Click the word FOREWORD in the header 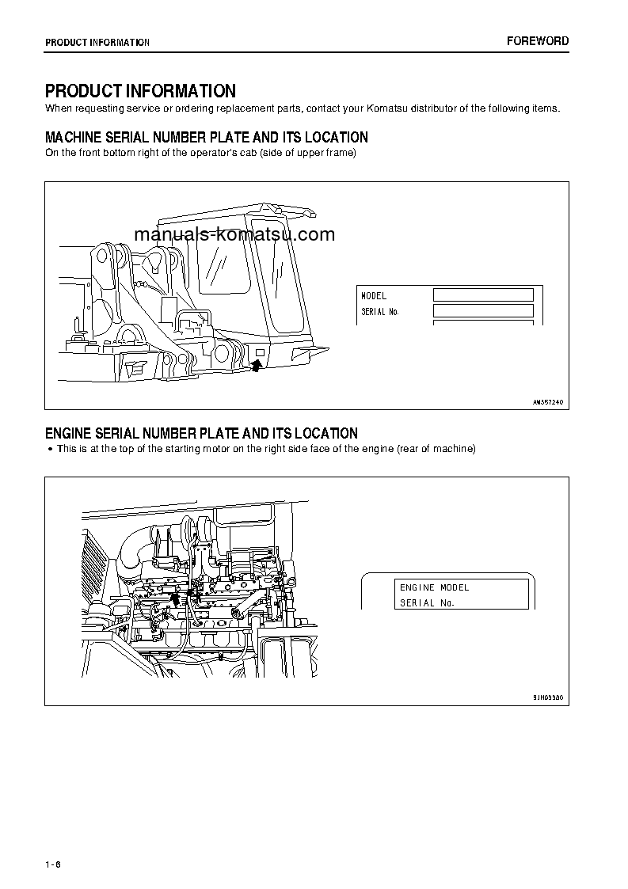tap(538, 41)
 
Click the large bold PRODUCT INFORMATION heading tap(140, 91)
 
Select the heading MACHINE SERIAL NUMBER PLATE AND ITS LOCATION tap(206, 137)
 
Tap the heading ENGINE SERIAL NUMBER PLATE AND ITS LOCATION tap(201, 433)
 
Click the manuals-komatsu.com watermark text tap(234, 234)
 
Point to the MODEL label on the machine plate tap(374, 295)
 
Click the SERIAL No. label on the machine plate tap(380, 312)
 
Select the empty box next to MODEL tap(482, 295)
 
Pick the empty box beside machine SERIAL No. tap(482, 311)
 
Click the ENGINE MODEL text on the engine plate tap(434, 587)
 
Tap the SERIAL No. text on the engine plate tap(428, 602)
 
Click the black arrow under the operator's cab tap(256, 364)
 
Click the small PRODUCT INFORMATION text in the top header tap(97, 43)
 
